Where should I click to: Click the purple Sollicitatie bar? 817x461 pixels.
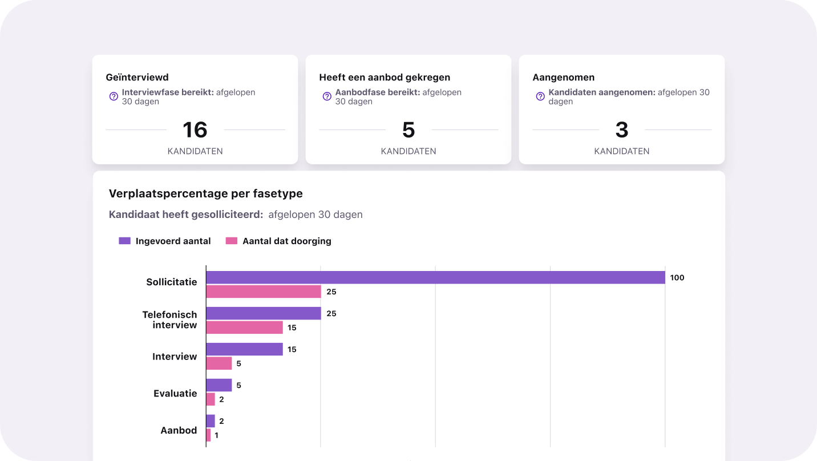[x=435, y=277]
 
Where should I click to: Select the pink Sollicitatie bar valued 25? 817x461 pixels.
[x=264, y=292]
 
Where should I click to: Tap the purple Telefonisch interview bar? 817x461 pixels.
[x=264, y=313]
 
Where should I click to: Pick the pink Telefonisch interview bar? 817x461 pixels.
[x=244, y=327]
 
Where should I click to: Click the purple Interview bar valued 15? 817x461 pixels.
[x=244, y=349]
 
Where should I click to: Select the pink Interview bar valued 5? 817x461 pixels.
[x=219, y=363]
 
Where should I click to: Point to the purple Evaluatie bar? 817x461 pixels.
[x=219, y=385]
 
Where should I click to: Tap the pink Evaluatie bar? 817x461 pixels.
[x=211, y=399]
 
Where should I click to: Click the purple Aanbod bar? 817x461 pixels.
[x=211, y=421]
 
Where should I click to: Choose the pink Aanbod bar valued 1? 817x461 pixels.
[x=208, y=435]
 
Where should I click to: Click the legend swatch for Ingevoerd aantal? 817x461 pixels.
[x=125, y=241]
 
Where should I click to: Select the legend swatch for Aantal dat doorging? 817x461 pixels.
[x=232, y=241]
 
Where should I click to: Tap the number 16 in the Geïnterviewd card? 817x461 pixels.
[x=195, y=130]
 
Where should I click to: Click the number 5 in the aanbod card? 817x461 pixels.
[x=408, y=130]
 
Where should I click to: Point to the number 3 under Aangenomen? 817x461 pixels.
[x=622, y=130]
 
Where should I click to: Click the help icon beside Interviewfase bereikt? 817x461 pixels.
[x=114, y=96]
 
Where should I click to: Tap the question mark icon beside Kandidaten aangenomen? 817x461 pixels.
[x=540, y=96]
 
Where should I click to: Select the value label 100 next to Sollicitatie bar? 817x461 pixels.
[x=677, y=278]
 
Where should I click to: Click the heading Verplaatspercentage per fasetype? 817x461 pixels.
[x=206, y=193]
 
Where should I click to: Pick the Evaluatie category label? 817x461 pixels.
[x=175, y=393]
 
